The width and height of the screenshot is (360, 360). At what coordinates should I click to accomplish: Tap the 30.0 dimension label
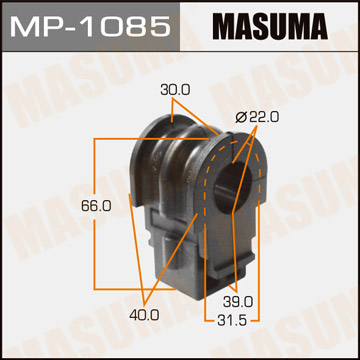point(177,90)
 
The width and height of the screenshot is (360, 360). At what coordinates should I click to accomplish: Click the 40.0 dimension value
point(144,315)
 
